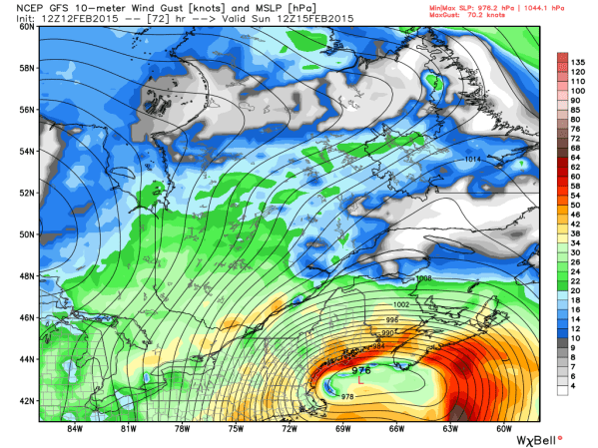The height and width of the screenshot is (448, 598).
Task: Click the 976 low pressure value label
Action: [360, 369]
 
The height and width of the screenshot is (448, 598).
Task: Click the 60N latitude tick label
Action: [27, 27]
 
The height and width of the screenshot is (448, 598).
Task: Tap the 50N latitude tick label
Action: [27, 234]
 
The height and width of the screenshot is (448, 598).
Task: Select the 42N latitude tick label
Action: [27, 400]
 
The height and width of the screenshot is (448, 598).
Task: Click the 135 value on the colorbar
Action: [576, 60]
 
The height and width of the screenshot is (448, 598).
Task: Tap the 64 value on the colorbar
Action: [576, 158]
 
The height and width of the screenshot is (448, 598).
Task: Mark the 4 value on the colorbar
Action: [576, 391]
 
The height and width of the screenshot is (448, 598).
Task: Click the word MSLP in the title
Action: [235, 8]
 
